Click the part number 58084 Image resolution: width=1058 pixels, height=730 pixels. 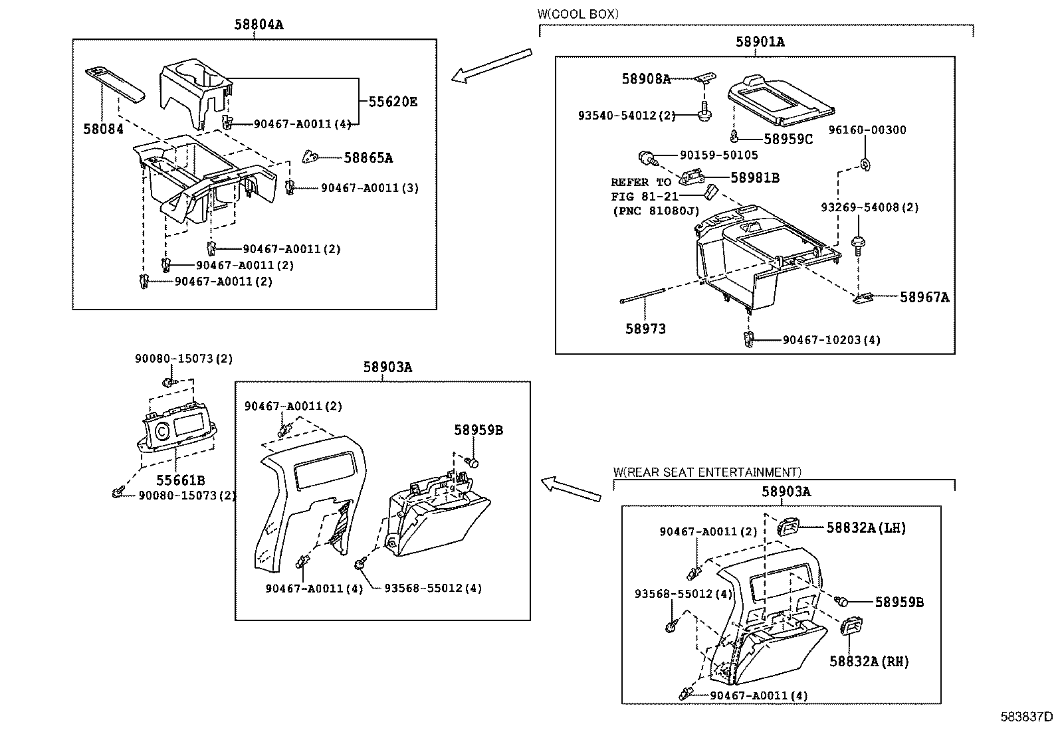103,129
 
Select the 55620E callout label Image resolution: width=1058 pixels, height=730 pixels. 393,102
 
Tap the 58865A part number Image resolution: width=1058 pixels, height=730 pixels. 368,157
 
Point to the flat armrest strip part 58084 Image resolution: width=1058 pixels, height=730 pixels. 115,85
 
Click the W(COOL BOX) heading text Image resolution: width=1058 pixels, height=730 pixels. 578,14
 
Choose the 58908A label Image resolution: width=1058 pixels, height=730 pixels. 646,79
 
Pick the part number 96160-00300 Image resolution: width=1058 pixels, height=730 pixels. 867,130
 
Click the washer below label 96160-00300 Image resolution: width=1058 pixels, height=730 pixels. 866,164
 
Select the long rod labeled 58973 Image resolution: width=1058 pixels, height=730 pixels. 643,296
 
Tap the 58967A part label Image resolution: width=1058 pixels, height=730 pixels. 924,297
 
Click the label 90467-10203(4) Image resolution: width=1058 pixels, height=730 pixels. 831,340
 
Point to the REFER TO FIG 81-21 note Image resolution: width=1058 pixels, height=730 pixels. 655,197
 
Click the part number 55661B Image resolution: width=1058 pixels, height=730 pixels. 180,480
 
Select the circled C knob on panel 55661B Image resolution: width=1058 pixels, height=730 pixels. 162,431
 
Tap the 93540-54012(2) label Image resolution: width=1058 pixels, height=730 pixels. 627,115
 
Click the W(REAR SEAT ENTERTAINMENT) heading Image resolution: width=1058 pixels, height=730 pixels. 707,472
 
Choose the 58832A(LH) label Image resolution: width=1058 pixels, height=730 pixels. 866,528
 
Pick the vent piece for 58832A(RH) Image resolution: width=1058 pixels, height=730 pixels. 851,626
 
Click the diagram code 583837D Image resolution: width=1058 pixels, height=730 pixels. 1026,717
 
